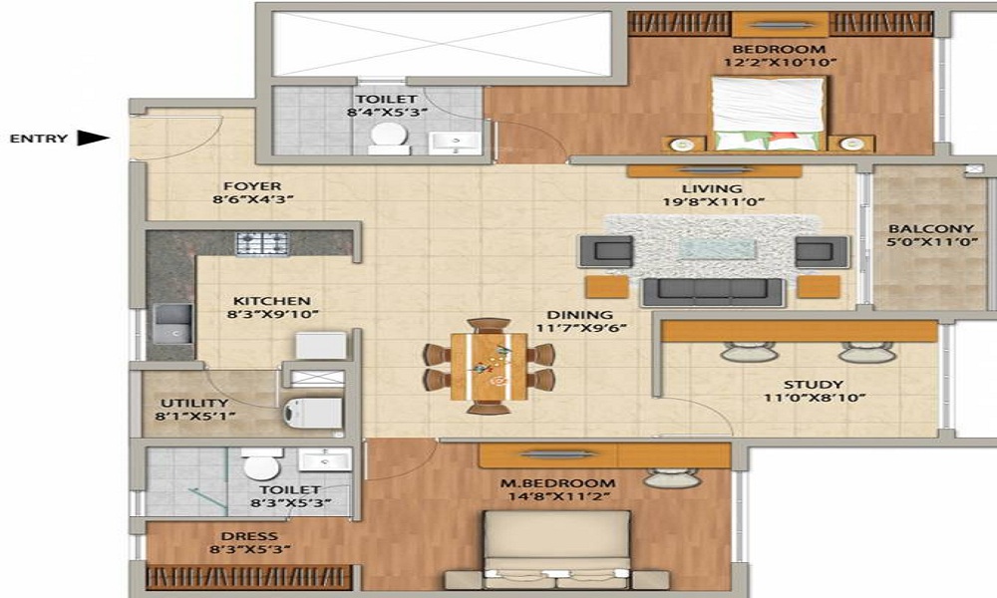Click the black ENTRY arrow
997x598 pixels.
93,138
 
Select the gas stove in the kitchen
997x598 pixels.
262,243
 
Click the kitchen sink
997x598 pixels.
172,324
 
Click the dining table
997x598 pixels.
489,367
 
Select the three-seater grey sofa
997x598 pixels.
713,292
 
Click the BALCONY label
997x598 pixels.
931,229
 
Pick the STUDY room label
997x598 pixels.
814,385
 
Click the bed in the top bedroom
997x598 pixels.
769,114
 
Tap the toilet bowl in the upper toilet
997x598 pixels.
389,138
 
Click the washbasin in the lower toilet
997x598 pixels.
325,459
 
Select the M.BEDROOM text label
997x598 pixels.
557,483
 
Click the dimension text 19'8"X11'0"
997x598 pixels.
714,202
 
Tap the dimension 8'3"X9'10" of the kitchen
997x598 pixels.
272,314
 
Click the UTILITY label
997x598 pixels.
194,403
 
